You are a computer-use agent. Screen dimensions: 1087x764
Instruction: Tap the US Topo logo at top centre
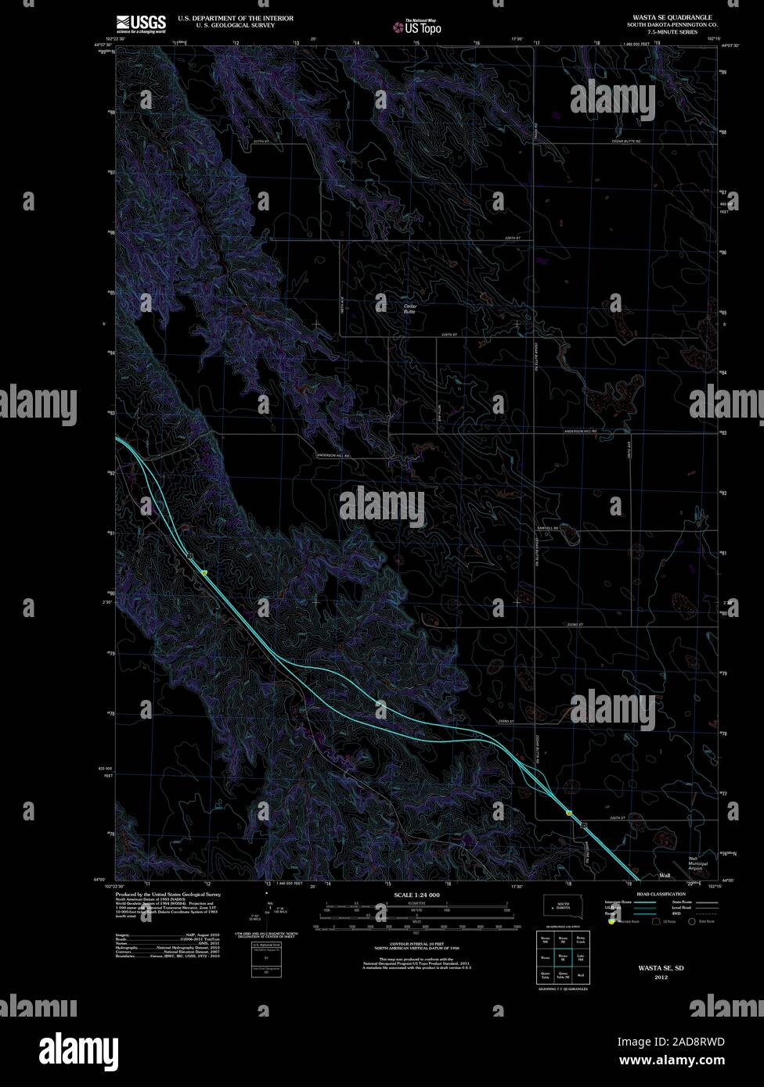pyautogui.click(x=418, y=27)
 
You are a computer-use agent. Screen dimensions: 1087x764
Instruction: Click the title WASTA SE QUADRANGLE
pyautogui.click(x=672, y=16)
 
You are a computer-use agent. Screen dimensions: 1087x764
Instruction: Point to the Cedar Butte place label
pyautogui.click(x=409, y=308)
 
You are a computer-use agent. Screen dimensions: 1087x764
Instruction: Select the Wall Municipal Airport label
pyautogui.click(x=697, y=863)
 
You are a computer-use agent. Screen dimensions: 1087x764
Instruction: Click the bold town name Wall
pyautogui.click(x=665, y=875)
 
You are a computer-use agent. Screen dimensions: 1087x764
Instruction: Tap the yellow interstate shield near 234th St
pyautogui.click(x=569, y=814)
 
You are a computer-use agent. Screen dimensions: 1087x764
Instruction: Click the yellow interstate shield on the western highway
pyautogui.click(x=204, y=572)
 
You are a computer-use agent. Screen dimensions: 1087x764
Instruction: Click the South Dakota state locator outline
pyautogui.click(x=562, y=906)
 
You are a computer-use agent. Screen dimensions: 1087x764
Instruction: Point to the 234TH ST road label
pyautogui.click(x=618, y=818)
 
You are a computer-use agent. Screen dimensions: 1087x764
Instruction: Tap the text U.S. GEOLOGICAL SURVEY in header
pyautogui.click(x=226, y=25)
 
